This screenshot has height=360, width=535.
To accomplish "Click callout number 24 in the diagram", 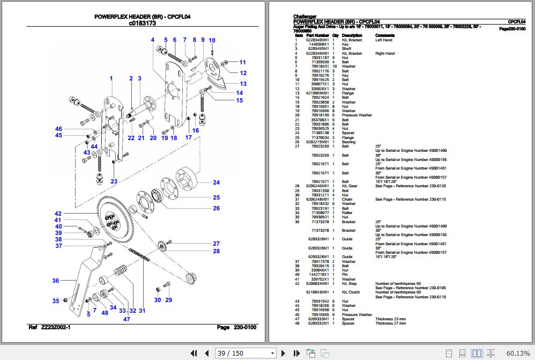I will pyautogui.click(x=216, y=182).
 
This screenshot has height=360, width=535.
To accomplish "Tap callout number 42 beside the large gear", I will pyautogui.click(x=58, y=213).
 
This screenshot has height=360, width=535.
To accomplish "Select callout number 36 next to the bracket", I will pyautogui.click(x=55, y=281).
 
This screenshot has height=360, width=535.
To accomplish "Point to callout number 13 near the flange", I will pyautogui.click(x=243, y=84).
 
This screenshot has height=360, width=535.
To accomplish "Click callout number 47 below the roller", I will pyautogui.click(x=127, y=319).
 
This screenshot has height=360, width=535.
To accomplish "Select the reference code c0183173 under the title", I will pyautogui.click(x=142, y=24).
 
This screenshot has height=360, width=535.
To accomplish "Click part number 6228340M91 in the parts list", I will pyautogui.click(x=317, y=40).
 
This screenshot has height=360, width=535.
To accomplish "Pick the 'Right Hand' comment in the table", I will pyautogui.click(x=384, y=54).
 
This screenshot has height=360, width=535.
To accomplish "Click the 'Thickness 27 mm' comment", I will pyautogui.click(x=390, y=324).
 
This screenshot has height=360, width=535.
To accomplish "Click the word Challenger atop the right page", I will pyautogui.click(x=305, y=16).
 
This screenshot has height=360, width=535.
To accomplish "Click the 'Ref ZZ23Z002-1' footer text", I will pyautogui.click(x=49, y=327).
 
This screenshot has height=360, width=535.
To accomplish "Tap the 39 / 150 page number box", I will pyautogui.click(x=244, y=353).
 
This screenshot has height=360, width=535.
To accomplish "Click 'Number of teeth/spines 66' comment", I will pyautogui.click(x=398, y=283).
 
